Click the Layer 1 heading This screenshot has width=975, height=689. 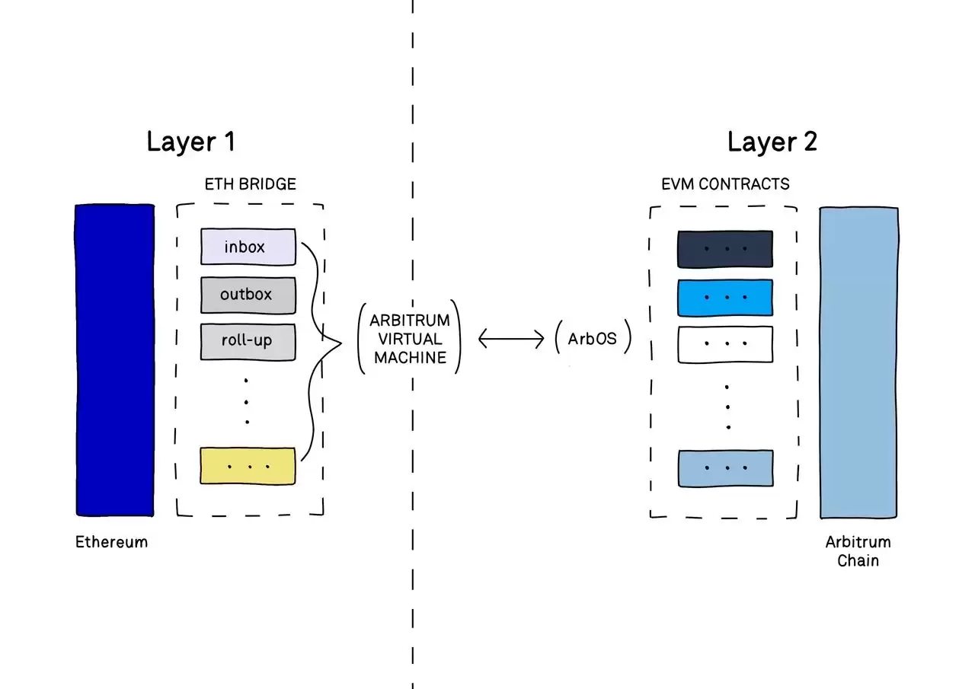[191, 142]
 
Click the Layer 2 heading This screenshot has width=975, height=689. [772, 142]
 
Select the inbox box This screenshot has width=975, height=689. [248, 247]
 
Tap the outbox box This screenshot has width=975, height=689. [248, 295]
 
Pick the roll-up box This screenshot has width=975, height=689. [248, 341]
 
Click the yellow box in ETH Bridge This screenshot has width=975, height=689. [248, 465]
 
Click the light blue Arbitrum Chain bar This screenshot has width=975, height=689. [858, 362]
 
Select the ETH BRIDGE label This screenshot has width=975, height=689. [250, 184]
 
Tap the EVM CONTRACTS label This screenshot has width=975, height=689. [725, 184]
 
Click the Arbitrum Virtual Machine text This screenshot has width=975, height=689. [410, 339]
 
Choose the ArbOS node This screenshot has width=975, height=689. [593, 339]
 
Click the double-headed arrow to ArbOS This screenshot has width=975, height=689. [510, 339]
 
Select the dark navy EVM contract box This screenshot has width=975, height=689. [725, 250]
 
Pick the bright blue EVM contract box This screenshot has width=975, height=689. [725, 298]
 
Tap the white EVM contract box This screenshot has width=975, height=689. [725, 344]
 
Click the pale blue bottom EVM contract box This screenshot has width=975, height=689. [725, 468]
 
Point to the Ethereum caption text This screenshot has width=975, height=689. [111, 543]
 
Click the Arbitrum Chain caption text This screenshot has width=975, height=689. [858, 552]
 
